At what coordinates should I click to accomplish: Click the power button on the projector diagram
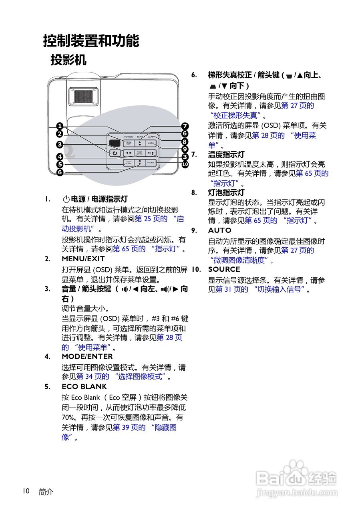coord(115,153)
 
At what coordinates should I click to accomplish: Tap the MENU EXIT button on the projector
coord(128,143)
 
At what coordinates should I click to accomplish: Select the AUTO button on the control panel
coord(151,143)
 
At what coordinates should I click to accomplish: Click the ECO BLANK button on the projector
coord(128,163)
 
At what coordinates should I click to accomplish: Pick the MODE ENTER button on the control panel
coord(139,153)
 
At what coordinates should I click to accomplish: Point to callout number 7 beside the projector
coord(185,126)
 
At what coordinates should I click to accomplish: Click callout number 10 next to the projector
coord(185,164)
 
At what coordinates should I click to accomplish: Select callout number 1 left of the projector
coord(60,126)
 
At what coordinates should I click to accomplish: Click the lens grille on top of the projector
coord(83,97)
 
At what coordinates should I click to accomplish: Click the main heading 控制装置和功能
coord(91,41)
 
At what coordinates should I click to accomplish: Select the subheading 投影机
coord(68,60)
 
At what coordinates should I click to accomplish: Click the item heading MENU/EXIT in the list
coord(83,259)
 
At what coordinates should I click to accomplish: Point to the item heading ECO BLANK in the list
coord(84,387)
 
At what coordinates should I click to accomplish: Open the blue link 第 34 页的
coord(93,377)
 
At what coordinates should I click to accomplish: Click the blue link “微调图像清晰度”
coord(239,260)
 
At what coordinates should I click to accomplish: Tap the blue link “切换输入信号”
coord(280,289)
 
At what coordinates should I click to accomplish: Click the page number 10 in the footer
coord(26,491)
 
